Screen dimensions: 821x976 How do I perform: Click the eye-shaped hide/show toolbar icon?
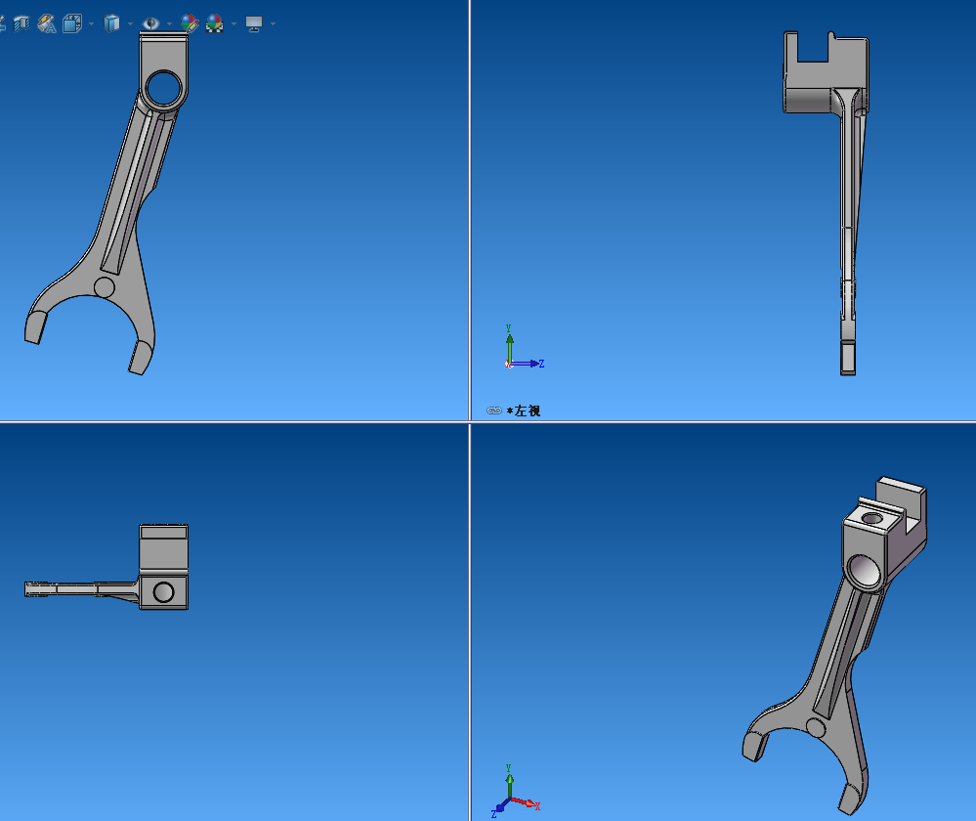click(150, 23)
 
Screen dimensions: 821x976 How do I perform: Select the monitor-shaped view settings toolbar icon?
click(254, 23)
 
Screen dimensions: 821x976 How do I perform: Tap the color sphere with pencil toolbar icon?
click(190, 23)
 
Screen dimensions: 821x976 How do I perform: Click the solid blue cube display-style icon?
click(112, 23)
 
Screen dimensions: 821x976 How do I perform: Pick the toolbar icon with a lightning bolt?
click(46, 23)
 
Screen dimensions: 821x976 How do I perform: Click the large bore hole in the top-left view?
click(163, 89)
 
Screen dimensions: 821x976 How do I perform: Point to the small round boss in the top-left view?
click(105, 286)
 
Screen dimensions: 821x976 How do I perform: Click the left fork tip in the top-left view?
click(35, 327)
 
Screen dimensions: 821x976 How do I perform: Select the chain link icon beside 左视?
click(494, 411)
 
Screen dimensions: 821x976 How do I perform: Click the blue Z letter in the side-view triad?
click(541, 364)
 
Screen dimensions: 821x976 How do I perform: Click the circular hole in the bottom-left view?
click(164, 591)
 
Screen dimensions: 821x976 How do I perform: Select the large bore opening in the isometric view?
click(865, 569)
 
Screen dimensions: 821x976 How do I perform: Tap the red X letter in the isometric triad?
click(537, 806)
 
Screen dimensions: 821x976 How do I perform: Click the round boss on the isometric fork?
click(815, 727)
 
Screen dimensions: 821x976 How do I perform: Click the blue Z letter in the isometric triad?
click(494, 813)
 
